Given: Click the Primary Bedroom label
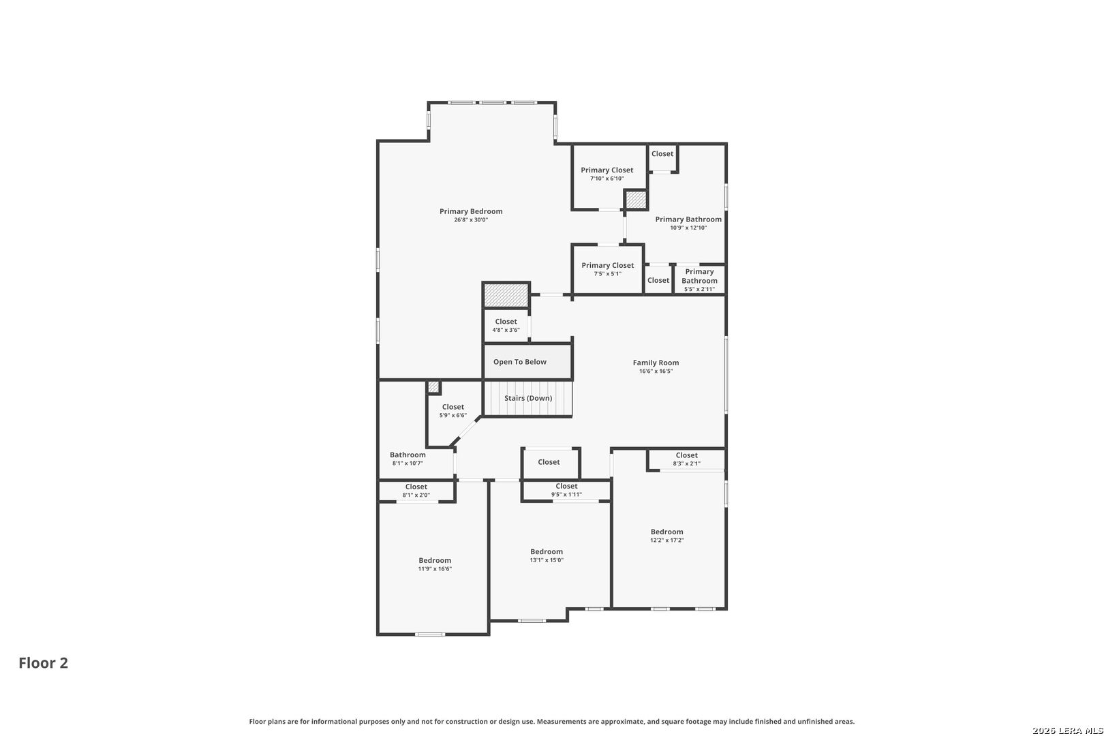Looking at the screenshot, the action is [471, 211].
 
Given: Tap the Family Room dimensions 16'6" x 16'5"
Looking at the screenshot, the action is [656, 371].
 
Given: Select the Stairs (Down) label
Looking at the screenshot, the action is [528, 398].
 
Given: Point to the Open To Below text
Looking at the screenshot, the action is [519, 362].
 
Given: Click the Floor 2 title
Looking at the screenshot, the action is [44, 662].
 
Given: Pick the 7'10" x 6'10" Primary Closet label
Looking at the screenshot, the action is [607, 174].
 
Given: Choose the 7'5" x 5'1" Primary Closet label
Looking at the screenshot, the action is [608, 269].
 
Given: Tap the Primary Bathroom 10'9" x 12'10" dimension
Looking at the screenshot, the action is [688, 228].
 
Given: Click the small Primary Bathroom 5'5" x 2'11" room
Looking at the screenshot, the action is [699, 280].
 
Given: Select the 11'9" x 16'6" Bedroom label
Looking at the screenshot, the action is [435, 564].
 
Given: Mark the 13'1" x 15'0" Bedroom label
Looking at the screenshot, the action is [547, 555].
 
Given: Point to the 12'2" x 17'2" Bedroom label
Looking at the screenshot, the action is [667, 536].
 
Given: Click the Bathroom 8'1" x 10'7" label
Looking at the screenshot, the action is [408, 459].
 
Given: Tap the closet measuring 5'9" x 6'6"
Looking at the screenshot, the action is [453, 411].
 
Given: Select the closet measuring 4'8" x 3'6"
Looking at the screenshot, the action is [506, 325].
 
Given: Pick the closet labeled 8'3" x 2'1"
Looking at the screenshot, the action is [686, 459].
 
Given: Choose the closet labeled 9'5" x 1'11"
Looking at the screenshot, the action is [566, 490].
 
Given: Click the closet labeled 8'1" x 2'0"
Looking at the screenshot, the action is [416, 491].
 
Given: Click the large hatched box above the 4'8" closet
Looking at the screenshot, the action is [506, 295].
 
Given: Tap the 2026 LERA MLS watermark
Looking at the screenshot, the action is [1067, 730].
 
